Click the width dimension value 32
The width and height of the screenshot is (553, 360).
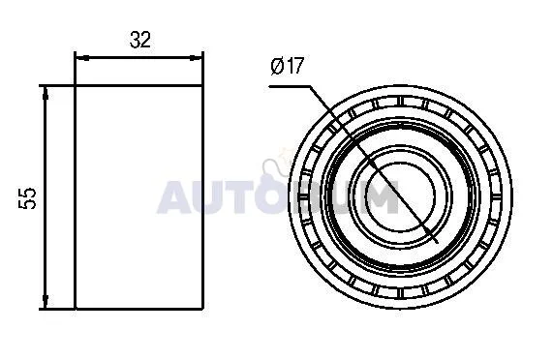140,40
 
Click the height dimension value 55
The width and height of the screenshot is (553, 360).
27,198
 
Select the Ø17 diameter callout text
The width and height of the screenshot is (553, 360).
287,66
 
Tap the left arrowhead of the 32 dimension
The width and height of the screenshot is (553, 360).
82,57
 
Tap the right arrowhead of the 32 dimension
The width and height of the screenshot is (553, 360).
196,57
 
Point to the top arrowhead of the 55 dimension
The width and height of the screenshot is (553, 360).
46,93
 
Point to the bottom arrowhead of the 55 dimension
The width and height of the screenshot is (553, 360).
46,302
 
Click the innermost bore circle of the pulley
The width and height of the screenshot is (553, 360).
400,196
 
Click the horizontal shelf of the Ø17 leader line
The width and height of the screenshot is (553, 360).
290,86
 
